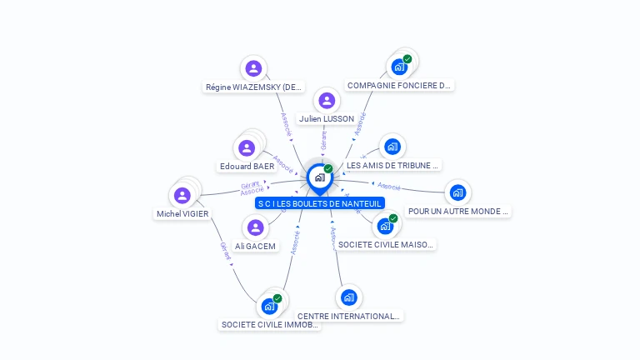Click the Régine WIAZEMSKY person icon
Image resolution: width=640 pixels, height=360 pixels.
[x=253, y=68]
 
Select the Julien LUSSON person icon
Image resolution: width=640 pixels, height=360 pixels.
[x=327, y=101]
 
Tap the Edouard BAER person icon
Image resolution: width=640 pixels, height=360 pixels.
[x=247, y=148]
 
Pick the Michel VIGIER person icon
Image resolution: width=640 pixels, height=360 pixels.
[x=182, y=196]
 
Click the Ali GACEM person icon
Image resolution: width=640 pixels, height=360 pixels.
[x=255, y=227]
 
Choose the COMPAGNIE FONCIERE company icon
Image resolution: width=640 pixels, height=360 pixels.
[x=399, y=67]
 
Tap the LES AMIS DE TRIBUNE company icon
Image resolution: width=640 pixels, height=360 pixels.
[x=392, y=147]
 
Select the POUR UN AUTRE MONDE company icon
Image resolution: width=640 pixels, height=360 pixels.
[x=457, y=192]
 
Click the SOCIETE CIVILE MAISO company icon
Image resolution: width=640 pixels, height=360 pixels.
[x=385, y=225]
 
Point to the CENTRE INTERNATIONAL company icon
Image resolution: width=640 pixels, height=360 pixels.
[x=348, y=297]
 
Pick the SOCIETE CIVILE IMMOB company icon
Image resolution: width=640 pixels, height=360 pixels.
[x=269, y=306]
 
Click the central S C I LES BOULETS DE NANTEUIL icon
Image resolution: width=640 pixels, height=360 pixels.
[x=319, y=177]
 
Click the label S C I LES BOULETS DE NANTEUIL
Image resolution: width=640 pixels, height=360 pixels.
[x=320, y=203]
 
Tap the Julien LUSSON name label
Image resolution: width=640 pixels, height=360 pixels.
[x=327, y=119]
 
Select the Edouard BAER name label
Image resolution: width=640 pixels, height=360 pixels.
[x=247, y=167]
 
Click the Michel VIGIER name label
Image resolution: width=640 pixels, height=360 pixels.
[x=182, y=214]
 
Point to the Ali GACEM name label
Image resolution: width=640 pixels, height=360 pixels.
[x=255, y=247]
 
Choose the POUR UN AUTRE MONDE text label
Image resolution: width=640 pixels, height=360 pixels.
[x=457, y=212]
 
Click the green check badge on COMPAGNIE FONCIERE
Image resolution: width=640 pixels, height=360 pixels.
[x=407, y=59]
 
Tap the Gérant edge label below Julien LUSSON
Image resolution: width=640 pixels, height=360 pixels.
[x=323, y=140]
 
